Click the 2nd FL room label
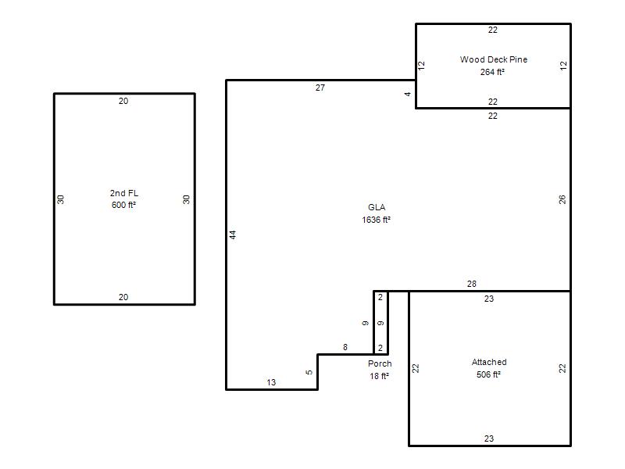(124, 193)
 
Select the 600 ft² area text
(123, 205)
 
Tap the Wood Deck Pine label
(494, 59)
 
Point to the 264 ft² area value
(492, 72)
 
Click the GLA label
(377, 207)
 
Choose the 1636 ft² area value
(376, 220)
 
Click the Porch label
(380, 363)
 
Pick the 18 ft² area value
(379, 376)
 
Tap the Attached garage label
(489, 362)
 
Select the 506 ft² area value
(488, 374)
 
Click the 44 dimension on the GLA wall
(233, 235)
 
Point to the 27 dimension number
(320, 88)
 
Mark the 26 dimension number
(562, 199)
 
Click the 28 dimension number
(472, 284)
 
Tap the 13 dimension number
(271, 382)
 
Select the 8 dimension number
(345, 347)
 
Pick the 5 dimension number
(309, 373)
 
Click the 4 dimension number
(407, 94)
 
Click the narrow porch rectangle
(380, 292)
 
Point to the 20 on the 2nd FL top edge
(123, 102)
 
